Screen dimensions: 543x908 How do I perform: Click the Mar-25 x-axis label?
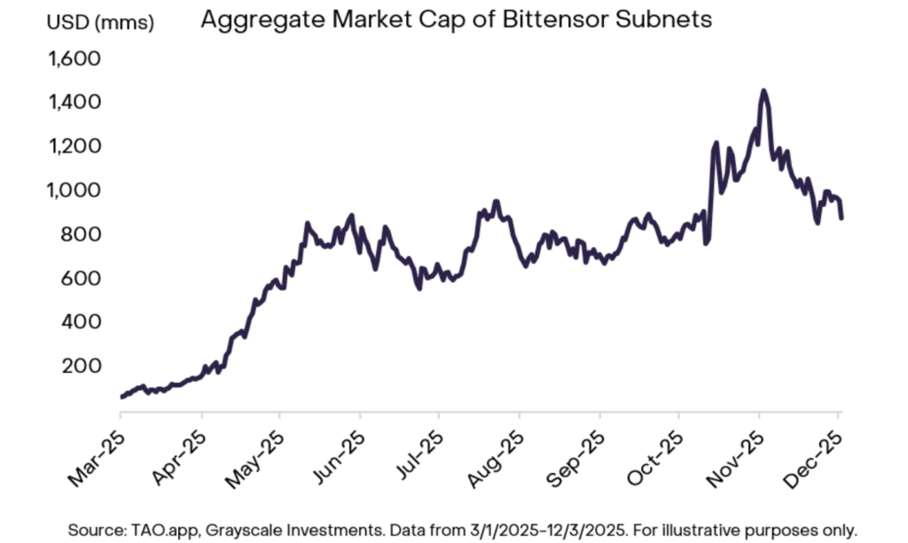[x=93, y=453]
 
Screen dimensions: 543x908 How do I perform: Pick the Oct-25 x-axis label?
[x=654, y=453]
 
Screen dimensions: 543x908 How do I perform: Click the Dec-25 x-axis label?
[x=813, y=453]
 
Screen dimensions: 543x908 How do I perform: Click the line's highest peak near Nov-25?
[x=763, y=90]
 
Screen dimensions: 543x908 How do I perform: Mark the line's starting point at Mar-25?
[x=121, y=397]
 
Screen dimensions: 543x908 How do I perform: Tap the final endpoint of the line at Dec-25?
[x=841, y=217]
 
